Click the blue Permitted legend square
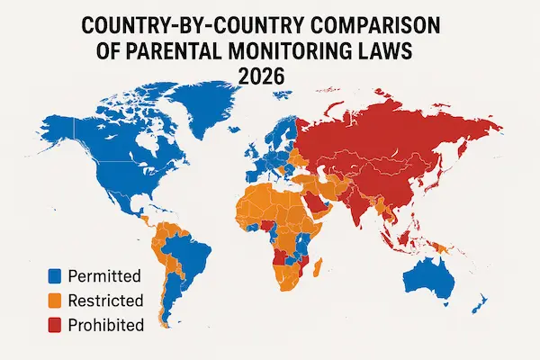54,276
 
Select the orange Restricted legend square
54,300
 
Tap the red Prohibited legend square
54,324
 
